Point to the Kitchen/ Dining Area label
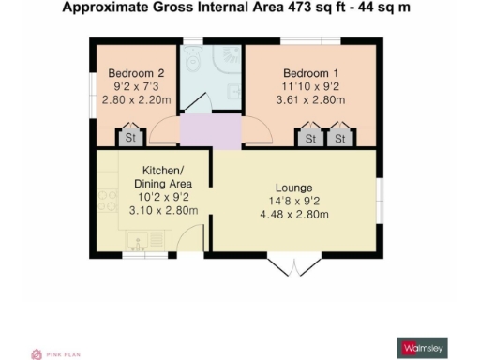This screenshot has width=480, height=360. (168, 178)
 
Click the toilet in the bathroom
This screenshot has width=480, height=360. (192, 60)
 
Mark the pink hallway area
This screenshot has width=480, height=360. (211, 131)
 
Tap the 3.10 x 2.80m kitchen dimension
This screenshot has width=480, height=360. (168, 210)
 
